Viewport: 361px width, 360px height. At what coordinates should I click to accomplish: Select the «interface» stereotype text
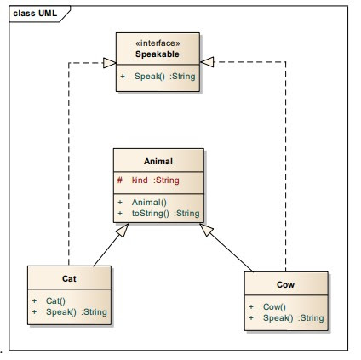point(158,40)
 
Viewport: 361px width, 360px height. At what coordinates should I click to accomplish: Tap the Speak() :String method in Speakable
point(163,76)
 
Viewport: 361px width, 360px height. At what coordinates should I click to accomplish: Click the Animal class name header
point(159,160)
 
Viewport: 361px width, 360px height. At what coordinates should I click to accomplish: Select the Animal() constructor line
point(150,202)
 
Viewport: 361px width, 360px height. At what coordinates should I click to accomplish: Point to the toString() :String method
point(164,213)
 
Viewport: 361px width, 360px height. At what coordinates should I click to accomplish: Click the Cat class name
point(70,277)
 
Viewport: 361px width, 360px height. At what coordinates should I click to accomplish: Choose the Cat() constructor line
point(54,300)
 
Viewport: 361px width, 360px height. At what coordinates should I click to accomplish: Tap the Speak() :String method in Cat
point(76,311)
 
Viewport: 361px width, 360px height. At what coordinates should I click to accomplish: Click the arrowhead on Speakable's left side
point(108,61)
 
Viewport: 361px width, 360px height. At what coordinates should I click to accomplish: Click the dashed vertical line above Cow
point(285,170)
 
